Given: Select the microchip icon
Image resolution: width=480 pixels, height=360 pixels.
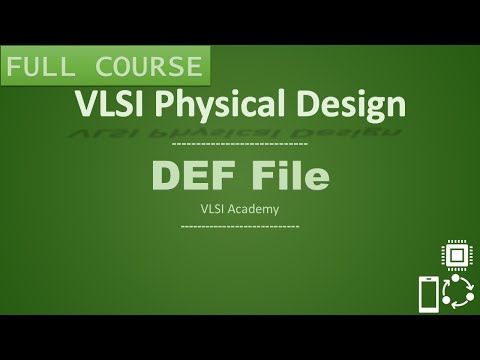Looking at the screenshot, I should pyautogui.click(x=458, y=257).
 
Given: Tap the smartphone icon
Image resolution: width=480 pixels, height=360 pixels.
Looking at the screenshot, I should pyautogui.click(x=428, y=295).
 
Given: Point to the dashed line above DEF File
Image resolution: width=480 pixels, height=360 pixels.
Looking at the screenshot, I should pyautogui.click(x=240, y=146).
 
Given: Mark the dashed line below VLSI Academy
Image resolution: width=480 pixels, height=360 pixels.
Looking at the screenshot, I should pyautogui.click(x=240, y=226).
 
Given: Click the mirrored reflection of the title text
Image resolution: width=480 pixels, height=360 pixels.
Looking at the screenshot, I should pyautogui.click(x=240, y=127).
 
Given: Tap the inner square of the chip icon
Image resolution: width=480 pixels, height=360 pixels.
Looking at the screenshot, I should pyautogui.click(x=458, y=257).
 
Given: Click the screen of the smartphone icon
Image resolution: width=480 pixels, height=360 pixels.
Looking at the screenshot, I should pyautogui.click(x=428, y=295).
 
